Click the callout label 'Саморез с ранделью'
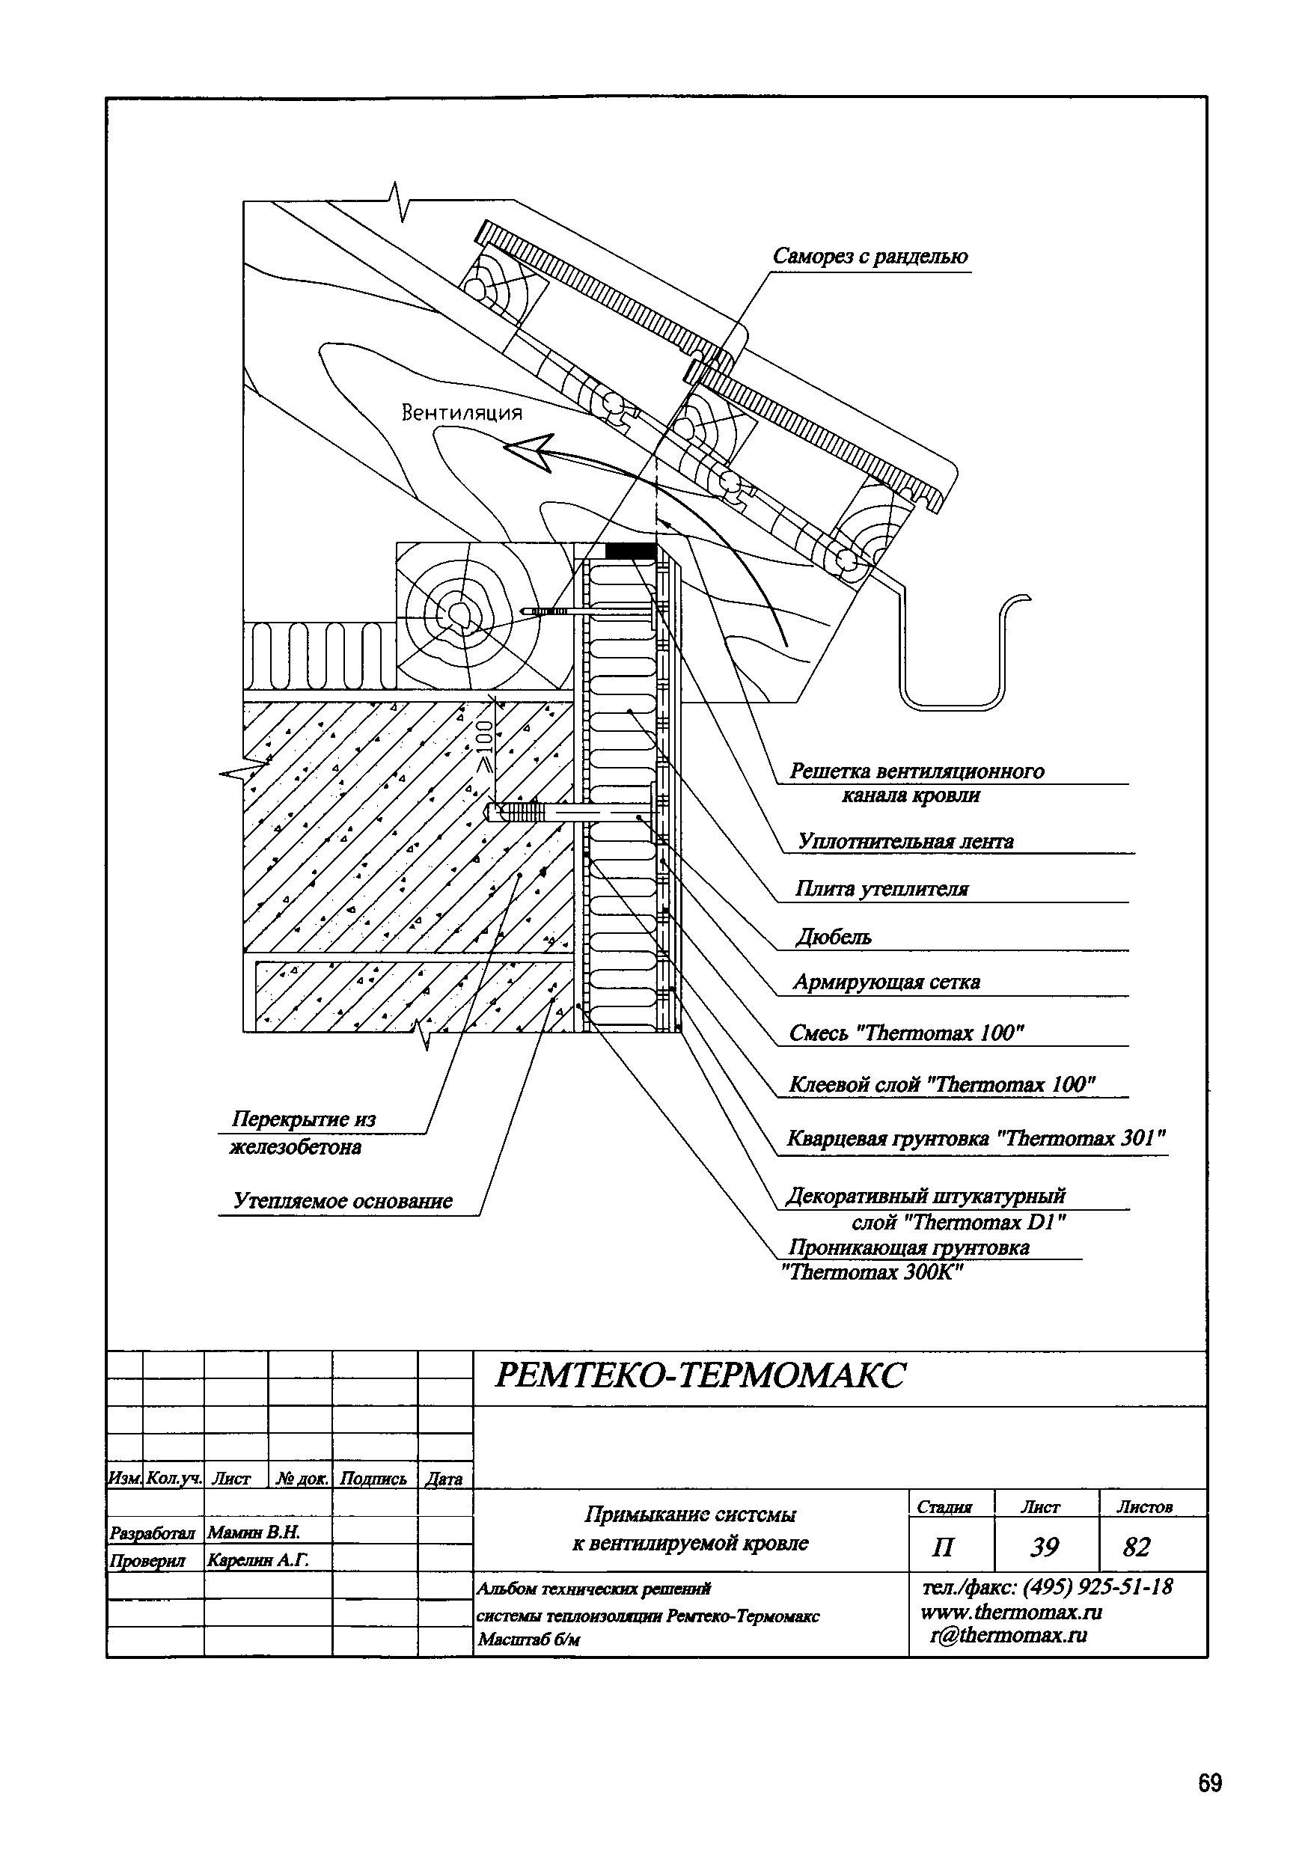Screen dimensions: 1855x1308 pos(870,257)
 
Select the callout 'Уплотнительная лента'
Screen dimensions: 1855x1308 pos(905,841)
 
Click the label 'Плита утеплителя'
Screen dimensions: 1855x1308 pos(881,890)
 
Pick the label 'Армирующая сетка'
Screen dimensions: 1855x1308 pos(886,982)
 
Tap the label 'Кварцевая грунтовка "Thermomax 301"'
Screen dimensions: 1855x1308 pos(976,1138)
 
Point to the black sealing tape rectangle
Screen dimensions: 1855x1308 pos(630,550)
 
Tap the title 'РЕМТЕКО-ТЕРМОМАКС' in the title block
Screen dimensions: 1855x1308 pos(700,1375)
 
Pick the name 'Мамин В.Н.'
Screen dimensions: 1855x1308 pos(254,1532)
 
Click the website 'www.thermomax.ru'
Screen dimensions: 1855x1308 pos(1011,1612)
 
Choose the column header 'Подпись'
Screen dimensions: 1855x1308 pos(373,1479)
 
